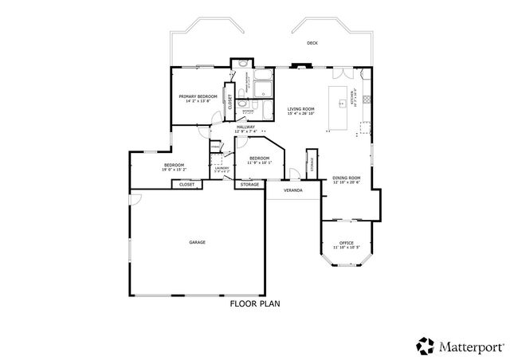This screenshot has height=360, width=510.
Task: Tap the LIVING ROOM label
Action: click(301, 108)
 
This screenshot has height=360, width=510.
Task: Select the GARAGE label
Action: click(197, 241)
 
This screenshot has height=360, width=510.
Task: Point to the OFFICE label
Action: click(346, 243)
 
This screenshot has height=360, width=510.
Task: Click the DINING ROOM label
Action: click(347, 178)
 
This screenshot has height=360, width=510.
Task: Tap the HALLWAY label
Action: click(245, 127)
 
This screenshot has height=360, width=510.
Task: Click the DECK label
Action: click(312, 43)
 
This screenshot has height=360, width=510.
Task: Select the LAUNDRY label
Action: click(222, 167)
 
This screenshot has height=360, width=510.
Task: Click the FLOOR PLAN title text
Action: click(254, 303)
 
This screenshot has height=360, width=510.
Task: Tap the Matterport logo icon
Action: click(425, 346)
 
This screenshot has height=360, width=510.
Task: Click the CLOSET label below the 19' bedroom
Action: click(187, 184)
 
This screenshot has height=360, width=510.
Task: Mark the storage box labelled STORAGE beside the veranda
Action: click(249, 184)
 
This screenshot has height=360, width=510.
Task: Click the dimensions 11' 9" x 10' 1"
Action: click(261, 162)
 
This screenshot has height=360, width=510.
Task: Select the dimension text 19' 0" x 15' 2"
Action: click(174, 170)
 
